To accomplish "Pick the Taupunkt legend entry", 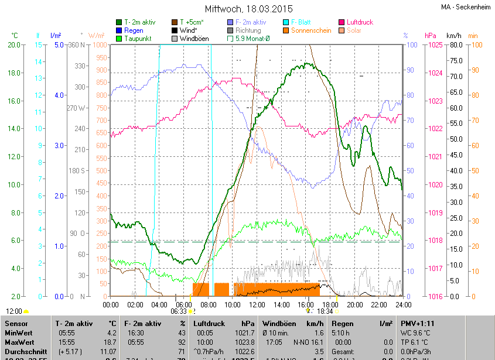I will click(138, 39).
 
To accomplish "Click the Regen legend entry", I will click(134, 30).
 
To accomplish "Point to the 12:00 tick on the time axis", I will click(257, 304).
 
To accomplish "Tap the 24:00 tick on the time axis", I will click(402, 304).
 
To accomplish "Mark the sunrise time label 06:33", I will click(178, 312).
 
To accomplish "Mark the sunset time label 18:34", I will click(325, 312).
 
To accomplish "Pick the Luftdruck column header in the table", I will click(210, 323).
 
